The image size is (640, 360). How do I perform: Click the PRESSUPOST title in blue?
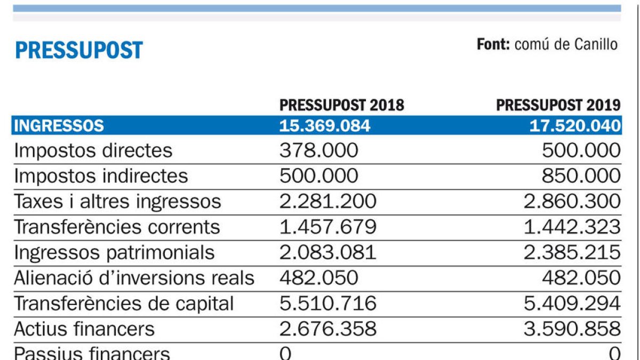click(79, 50)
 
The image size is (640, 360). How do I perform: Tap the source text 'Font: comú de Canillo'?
click(547, 44)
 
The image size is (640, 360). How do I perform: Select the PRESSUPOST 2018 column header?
click(342, 105)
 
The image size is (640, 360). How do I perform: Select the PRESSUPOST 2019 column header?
click(558, 105)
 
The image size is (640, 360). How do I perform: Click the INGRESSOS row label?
click(59, 126)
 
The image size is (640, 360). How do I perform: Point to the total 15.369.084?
click(324, 126)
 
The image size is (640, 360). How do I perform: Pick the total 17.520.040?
click(575, 126)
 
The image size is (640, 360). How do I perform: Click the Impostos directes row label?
click(93, 151)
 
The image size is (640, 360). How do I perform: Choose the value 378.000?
click(318, 151)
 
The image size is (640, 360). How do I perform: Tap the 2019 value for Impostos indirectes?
click(581, 176)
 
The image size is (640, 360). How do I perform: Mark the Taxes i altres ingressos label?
click(117, 202)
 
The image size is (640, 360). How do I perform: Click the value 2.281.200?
click(327, 202)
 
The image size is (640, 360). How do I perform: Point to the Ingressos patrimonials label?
click(114, 252)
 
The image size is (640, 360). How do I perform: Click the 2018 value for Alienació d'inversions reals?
click(318, 278)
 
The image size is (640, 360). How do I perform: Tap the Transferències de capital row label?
click(124, 303)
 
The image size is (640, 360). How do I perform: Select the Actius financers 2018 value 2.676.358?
click(327, 329)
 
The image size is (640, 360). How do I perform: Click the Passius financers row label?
click(92, 353)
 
